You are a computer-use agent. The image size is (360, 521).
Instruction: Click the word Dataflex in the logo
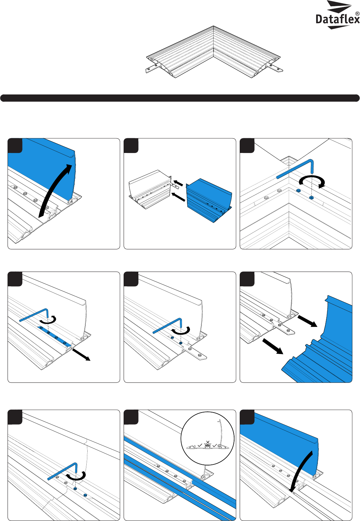(337, 19)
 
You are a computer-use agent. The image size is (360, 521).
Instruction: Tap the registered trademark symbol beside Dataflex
(357, 14)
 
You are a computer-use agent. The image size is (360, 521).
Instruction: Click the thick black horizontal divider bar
(180, 98)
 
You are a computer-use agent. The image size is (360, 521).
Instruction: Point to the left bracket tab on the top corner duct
(151, 69)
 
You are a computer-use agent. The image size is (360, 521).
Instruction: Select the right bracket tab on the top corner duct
(276, 67)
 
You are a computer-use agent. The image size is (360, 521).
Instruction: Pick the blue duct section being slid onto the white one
(209, 200)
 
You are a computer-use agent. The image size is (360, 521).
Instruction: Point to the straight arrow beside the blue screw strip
(81, 355)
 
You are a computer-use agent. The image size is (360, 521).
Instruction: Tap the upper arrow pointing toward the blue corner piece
(307, 321)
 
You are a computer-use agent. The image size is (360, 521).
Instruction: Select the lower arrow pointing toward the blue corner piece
(273, 346)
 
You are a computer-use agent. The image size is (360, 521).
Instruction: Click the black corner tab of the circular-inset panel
(131, 417)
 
